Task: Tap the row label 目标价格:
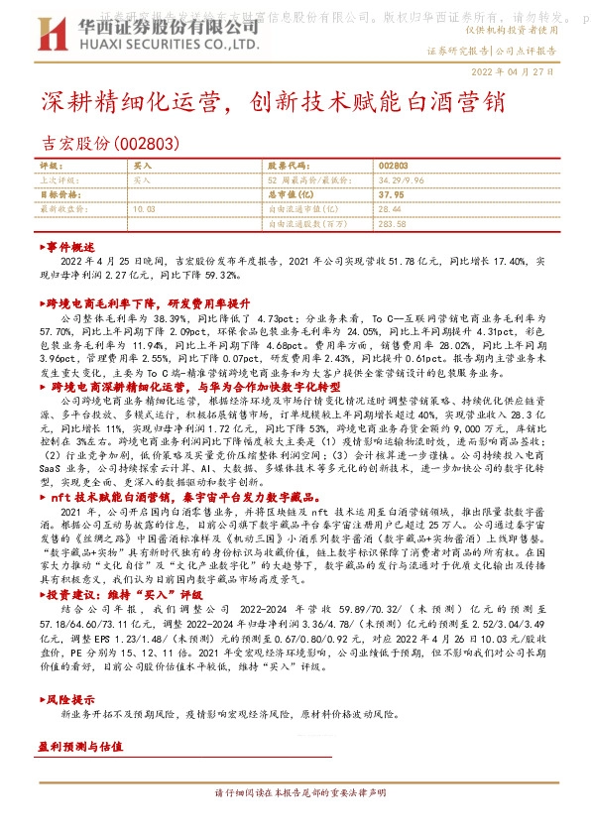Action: [59, 194]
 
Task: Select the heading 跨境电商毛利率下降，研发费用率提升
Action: [155, 298]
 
